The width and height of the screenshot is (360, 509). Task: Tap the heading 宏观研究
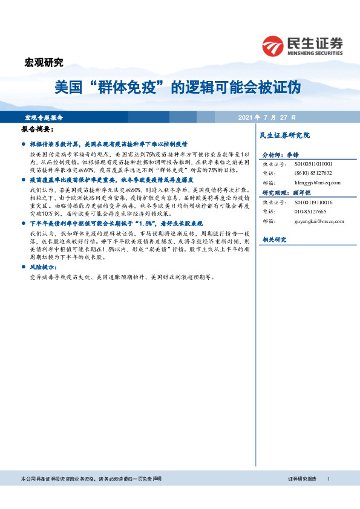[43, 62]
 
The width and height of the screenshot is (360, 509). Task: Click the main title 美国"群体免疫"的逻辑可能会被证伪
[177, 88]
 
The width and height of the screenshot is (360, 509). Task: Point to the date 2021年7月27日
[267, 117]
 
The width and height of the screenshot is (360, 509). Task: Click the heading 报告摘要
[38, 130]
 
